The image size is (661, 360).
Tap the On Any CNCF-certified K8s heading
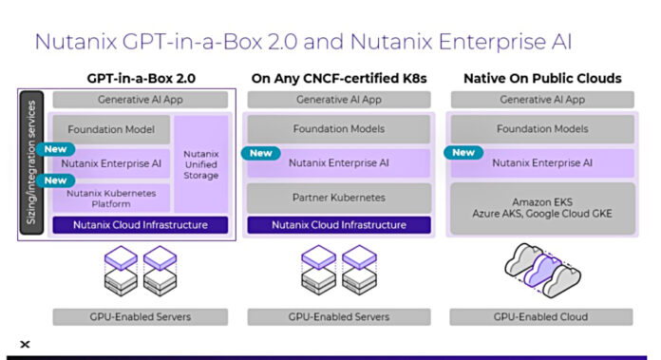click(340, 78)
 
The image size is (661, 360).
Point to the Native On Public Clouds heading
click(542, 78)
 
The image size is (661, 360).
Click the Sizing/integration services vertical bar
click(30, 162)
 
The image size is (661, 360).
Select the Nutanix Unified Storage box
click(200, 163)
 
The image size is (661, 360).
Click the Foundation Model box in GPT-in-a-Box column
click(111, 129)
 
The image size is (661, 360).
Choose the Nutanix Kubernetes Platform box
click(111, 199)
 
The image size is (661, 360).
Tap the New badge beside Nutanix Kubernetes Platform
click(55, 180)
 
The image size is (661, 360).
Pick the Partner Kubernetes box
click(340, 198)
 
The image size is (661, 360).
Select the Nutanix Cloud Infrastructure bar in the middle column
click(339, 225)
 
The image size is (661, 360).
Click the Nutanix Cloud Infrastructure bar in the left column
click(141, 225)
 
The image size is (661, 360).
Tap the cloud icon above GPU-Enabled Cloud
click(543, 266)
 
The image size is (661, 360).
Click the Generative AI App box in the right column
click(543, 99)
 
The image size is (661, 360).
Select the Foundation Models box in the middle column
click(340, 129)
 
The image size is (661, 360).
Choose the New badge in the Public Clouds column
click(463, 152)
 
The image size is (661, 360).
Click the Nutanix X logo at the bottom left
click(25, 345)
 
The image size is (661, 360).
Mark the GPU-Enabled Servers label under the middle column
click(339, 316)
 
